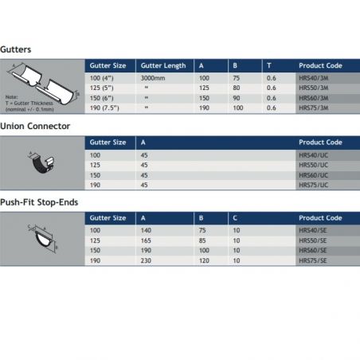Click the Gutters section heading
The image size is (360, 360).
click(x=17, y=49)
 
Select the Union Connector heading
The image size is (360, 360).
click(x=36, y=126)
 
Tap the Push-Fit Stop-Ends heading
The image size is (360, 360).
click(x=39, y=202)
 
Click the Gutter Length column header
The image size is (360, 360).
click(x=163, y=65)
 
